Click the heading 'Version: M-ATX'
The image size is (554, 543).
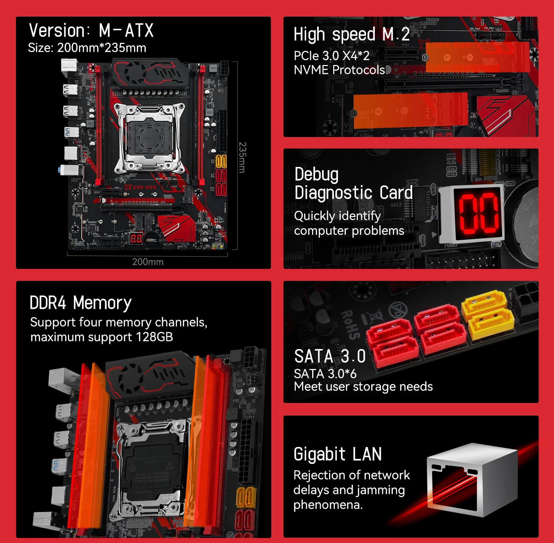tap(91, 30)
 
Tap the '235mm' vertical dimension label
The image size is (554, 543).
tap(242, 157)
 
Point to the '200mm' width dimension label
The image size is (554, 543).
tap(148, 262)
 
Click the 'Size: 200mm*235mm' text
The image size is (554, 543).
tap(87, 48)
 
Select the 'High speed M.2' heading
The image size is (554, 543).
tap(351, 34)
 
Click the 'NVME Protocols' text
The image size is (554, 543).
tap(339, 70)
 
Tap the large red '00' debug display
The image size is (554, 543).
tap(478, 213)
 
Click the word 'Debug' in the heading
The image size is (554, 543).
tap(317, 174)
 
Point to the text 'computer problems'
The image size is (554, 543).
tap(349, 231)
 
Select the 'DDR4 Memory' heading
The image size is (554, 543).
tap(81, 303)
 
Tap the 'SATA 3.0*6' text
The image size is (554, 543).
tap(325, 374)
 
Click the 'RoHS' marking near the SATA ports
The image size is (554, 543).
tap(350, 325)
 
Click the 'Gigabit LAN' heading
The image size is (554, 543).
tap(338, 454)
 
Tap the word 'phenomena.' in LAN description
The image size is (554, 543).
tap(328, 505)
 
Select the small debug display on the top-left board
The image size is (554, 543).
tap(136, 238)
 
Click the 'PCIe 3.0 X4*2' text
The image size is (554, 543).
tap(331, 56)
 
